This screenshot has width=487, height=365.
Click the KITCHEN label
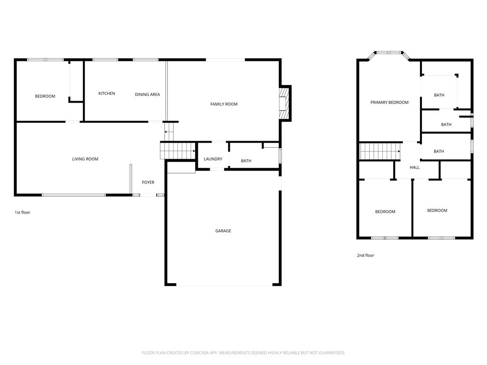point(107,94)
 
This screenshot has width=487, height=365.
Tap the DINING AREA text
point(147,95)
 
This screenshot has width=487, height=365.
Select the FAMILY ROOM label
point(224,104)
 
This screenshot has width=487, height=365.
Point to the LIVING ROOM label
point(85,159)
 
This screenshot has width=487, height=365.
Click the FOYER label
point(148,182)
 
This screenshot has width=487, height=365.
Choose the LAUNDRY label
point(213,159)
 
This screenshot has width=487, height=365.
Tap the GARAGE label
point(223,231)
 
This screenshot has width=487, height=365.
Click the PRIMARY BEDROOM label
point(390,103)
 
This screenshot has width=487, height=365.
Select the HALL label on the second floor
point(415,167)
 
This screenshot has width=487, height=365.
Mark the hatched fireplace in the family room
point(284,103)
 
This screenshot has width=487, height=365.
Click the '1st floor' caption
point(22,212)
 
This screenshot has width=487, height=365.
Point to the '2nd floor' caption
point(366,256)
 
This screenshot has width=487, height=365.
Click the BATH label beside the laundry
point(246,161)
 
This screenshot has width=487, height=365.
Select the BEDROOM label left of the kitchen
point(45,96)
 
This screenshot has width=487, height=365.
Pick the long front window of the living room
point(74,195)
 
